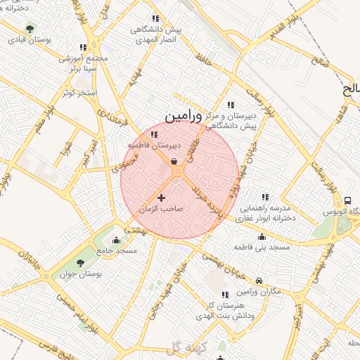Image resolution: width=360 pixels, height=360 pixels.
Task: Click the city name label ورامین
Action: point(184,114)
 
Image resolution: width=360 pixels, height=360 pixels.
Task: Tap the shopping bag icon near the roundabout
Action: point(174,161)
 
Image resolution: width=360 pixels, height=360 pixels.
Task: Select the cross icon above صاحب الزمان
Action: point(162,198)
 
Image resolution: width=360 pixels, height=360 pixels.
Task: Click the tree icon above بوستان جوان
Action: point(79,263)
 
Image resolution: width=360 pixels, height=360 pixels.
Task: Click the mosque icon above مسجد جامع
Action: point(116,240)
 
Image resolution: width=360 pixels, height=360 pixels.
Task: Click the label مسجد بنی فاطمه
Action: point(264,247)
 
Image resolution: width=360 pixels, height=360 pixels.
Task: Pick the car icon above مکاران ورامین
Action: point(259,281)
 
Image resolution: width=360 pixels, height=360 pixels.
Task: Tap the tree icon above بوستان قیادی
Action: point(29,28)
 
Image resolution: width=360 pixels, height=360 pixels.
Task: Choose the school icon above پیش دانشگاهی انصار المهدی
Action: point(155,19)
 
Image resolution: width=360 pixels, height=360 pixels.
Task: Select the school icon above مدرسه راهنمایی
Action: point(265,198)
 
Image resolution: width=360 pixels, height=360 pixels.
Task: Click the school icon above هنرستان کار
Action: point(225,295)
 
